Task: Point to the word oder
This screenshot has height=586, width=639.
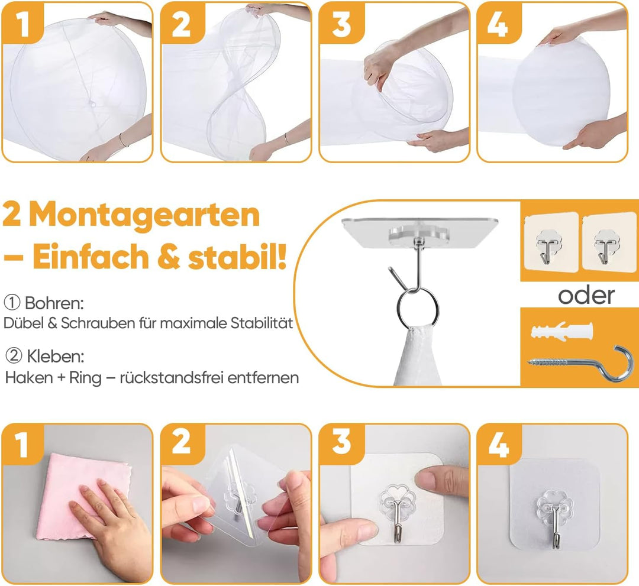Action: pos(586,295)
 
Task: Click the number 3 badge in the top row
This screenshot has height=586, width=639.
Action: pos(341,24)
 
